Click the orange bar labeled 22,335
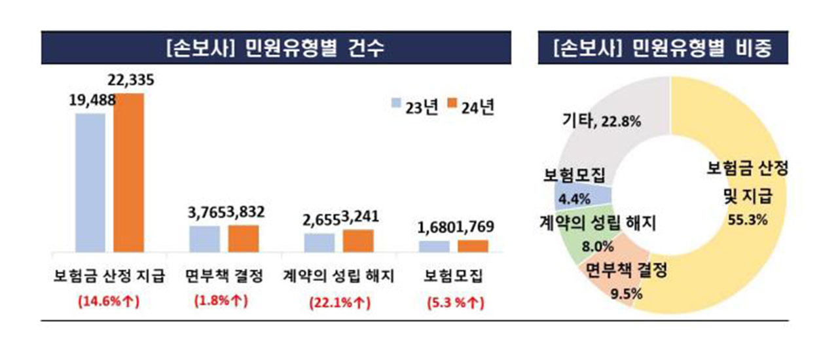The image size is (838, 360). [128, 173]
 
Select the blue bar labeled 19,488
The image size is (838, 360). [90, 183]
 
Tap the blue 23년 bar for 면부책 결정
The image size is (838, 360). [204, 239]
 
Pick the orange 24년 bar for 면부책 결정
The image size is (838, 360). [243, 238]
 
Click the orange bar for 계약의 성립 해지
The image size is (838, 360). [358, 241]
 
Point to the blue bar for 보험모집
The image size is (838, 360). [434, 246]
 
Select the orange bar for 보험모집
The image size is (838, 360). [473, 245]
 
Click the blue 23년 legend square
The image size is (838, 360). [396, 103]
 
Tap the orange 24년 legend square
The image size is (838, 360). [451, 103]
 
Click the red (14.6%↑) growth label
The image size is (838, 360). [110, 302]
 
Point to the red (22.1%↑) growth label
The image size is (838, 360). [340, 303]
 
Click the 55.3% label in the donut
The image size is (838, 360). [748, 219]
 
